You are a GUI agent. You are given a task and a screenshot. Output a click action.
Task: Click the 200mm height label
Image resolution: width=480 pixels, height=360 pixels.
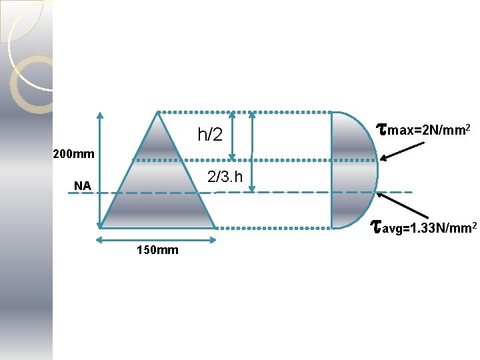[73, 155]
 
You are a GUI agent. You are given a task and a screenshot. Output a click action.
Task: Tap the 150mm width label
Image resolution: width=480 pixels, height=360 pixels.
[157, 251]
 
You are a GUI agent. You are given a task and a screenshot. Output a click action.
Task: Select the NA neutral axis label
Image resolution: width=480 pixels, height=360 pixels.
[83, 186]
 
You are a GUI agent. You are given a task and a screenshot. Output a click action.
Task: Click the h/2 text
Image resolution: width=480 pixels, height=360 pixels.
[210, 135]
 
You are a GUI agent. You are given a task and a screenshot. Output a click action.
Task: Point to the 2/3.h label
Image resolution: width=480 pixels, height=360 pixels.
[225, 177]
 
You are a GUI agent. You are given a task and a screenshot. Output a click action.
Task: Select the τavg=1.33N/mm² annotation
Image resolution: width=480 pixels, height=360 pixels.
[423, 229]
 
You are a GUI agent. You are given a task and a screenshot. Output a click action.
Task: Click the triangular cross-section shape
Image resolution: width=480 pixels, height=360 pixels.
[157, 187]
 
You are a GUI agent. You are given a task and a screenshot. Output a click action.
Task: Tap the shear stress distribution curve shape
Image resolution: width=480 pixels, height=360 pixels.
[353, 170]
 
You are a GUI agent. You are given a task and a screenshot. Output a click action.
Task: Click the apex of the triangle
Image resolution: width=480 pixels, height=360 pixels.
[157, 113]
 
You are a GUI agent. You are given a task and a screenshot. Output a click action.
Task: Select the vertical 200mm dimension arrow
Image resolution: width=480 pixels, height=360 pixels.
[99, 170]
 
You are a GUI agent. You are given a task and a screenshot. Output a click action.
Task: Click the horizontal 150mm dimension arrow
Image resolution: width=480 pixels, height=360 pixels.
[157, 240]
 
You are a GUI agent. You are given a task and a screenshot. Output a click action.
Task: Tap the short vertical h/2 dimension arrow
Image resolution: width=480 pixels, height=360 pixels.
[232, 136]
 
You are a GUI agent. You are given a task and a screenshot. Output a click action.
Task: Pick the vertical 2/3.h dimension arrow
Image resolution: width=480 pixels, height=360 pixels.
[252, 152]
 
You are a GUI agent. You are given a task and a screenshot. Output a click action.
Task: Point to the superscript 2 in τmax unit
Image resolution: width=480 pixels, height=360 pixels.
[469, 125]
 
